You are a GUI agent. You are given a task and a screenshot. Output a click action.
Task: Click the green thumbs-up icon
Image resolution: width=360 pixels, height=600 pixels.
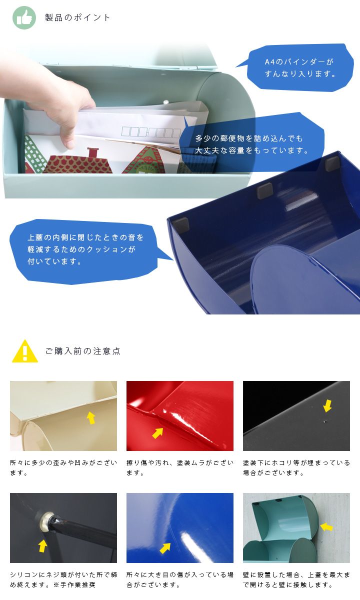pos(24,17)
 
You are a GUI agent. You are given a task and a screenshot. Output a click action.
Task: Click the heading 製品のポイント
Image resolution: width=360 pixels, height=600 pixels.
pos(77,17)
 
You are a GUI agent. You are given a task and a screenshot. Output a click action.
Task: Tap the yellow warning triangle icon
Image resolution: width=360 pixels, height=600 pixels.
pos(25,351)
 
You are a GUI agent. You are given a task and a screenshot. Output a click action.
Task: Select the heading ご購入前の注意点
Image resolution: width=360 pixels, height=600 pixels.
pos(83,351)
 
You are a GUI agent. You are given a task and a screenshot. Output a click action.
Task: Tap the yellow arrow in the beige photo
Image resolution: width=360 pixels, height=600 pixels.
pos(91,417)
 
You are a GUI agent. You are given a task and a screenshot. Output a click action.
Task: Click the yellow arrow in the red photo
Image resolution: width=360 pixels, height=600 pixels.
pos(157,432)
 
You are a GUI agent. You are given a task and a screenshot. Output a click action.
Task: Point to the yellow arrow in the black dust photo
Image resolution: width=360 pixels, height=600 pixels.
pos(327,406)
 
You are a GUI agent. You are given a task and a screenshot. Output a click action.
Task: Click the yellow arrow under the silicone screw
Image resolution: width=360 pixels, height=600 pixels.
pos(43,546)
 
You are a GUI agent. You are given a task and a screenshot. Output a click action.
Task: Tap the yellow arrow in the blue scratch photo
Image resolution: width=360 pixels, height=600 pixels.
pos(165,548)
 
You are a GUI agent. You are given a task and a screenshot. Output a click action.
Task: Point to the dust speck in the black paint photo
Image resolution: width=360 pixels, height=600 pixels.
pos(325,421)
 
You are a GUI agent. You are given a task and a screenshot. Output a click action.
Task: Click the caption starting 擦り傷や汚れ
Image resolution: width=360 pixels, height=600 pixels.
pos(180,467)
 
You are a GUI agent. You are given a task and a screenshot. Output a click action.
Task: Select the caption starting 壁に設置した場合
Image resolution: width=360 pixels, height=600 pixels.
pos(296,579)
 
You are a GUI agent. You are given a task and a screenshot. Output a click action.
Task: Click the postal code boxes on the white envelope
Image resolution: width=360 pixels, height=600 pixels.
pos(151,132)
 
